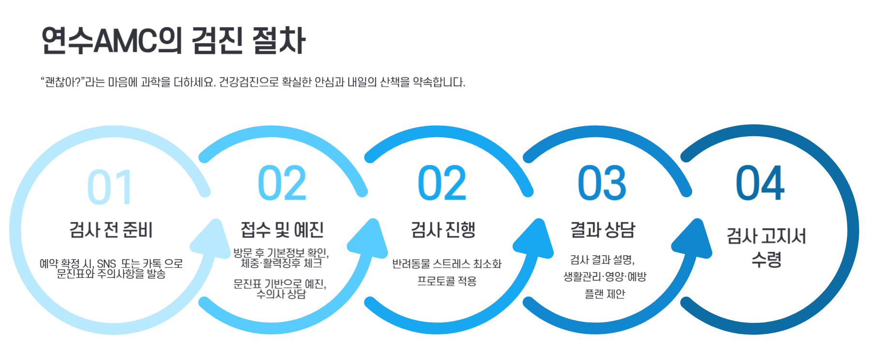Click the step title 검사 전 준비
click(111, 230)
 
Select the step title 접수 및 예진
click(282, 230)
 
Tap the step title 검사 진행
click(443, 230)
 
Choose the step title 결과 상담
click(603, 230)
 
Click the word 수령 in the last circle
click(767, 260)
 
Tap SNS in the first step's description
click(106, 264)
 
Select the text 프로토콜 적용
click(447, 281)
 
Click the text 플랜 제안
click(605, 294)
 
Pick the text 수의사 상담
click(281, 294)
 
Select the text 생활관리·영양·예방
click(605, 277)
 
